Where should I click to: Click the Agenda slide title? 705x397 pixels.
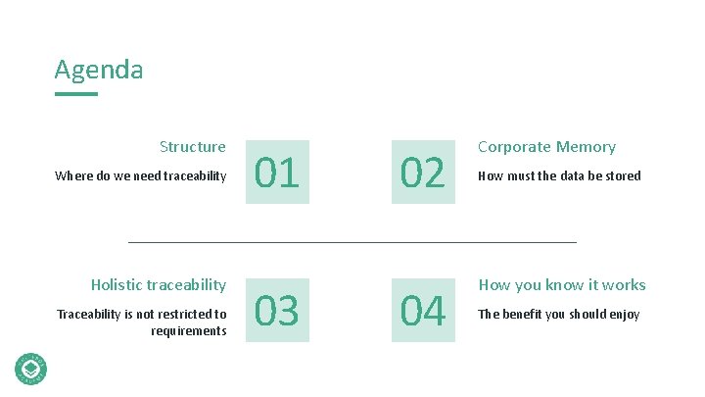(x=99, y=71)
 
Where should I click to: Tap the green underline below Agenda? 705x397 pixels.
(x=76, y=94)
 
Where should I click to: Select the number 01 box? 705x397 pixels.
(x=277, y=173)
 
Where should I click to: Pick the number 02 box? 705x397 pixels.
(x=423, y=173)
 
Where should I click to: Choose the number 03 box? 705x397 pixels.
(x=277, y=311)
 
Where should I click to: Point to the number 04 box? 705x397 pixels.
(x=423, y=311)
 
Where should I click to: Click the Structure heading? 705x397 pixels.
(x=193, y=147)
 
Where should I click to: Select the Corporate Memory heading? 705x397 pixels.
(x=546, y=147)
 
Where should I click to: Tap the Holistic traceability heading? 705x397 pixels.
(x=159, y=285)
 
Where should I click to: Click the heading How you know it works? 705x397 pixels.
(x=562, y=285)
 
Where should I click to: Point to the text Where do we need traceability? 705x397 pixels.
(x=141, y=176)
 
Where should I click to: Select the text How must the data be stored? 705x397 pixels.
(x=559, y=176)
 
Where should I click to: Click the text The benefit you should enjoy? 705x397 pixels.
(x=558, y=315)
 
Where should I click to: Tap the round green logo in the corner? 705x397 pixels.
(x=31, y=368)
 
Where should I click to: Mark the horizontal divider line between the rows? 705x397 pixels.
(x=352, y=241)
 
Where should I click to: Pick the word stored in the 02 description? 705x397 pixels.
(x=623, y=176)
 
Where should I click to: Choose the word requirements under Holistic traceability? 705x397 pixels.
(x=189, y=331)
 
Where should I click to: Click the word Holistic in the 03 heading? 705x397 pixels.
(x=117, y=285)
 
